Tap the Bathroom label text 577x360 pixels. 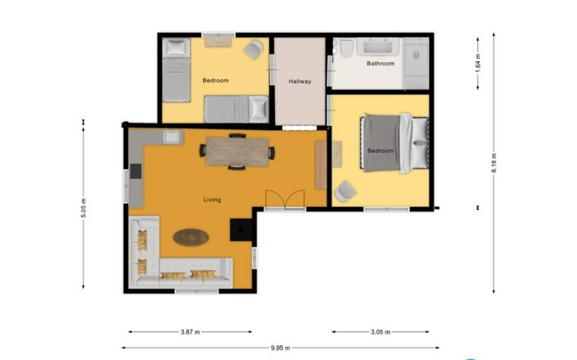pos(381,64)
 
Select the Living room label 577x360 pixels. pos(212,200)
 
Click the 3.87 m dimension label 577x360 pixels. pos(189,332)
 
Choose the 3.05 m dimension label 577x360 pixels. pos(379,332)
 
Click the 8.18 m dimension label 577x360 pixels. pos(494,161)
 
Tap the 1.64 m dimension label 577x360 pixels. pos(478,64)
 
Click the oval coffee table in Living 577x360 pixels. pos(191,237)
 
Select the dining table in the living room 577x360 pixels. pos(237,151)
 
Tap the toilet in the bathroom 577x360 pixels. pos(347,51)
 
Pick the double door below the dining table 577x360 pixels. pos(284,200)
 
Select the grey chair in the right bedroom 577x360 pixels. pos(345,191)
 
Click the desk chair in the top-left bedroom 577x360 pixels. pos(253,49)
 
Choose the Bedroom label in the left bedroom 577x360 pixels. pos(215,80)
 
